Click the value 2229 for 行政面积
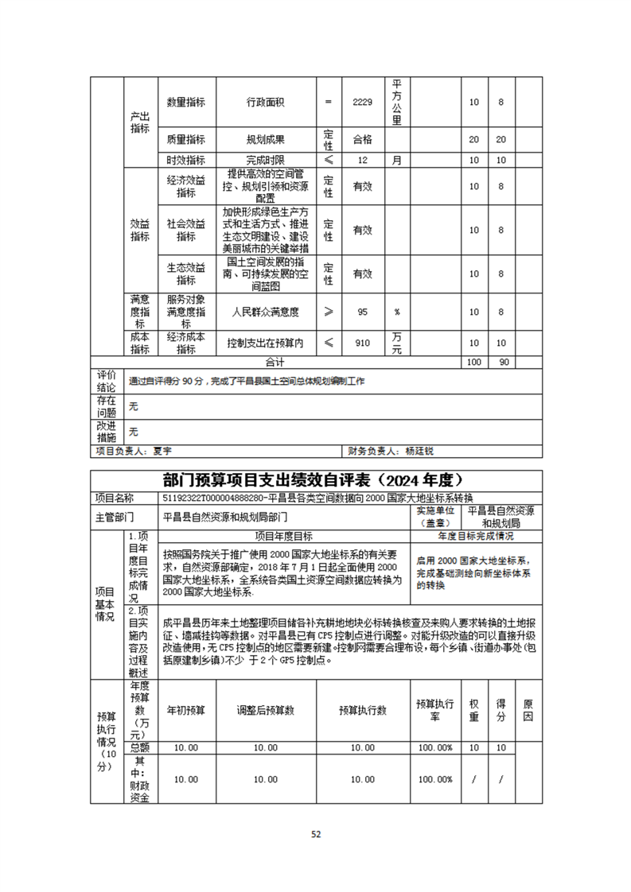coord(362,103)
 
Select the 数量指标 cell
coord(186,103)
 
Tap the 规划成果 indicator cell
coord(266,139)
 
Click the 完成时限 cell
coord(266,160)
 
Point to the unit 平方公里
coord(397,103)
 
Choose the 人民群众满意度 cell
coord(266,312)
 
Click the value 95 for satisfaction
coord(362,312)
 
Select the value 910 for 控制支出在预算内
coord(362,343)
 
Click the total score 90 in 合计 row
coord(502,362)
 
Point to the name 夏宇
coord(162,451)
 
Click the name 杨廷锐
coord(419,451)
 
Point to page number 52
coord(315,834)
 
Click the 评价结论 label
coord(107,381)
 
